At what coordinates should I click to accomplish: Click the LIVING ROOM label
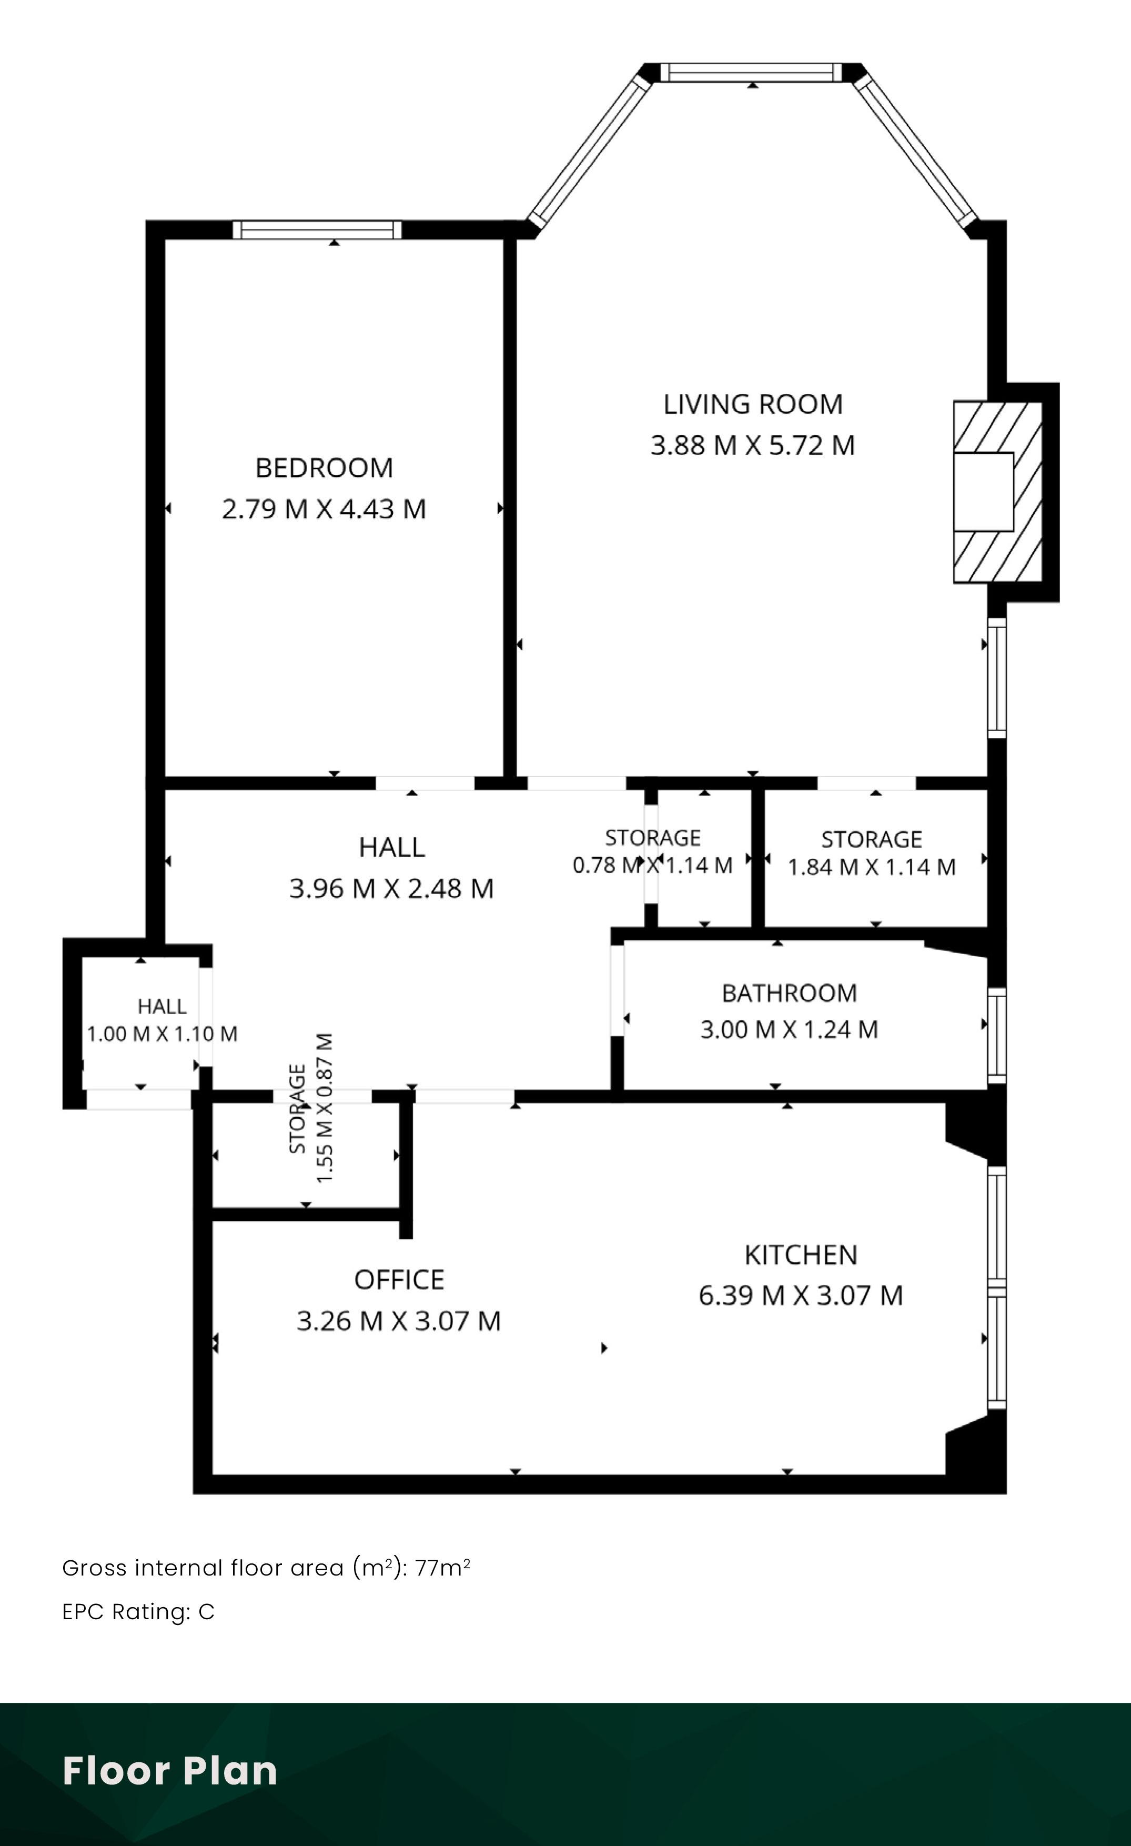pyautogui.click(x=753, y=405)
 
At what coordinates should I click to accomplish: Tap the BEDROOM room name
pyautogui.click(x=325, y=468)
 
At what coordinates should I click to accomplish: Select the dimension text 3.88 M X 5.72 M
pyautogui.click(x=753, y=446)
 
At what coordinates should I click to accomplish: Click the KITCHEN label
pyautogui.click(x=801, y=1255)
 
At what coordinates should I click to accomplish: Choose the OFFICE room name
pyautogui.click(x=399, y=1280)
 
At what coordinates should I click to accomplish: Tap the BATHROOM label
pyautogui.click(x=790, y=994)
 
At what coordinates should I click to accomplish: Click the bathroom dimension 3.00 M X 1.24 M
pyautogui.click(x=790, y=1029)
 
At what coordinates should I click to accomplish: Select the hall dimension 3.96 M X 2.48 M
pyautogui.click(x=392, y=889)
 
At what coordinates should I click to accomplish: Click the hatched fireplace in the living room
pyautogui.click(x=998, y=492)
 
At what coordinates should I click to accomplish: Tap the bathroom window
pyautogui.click(x=996, y=1036)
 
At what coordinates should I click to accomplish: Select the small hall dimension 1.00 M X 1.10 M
pyautogui.click(x=163, y=1034)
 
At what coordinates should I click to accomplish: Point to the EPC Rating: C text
pyautogui.click(x=138, y=1611)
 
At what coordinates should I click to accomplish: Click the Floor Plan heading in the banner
pyautogui.click(x=170, y=1770)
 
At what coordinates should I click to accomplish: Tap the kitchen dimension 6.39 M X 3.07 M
pyautogui.click(x=801, y=1296)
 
